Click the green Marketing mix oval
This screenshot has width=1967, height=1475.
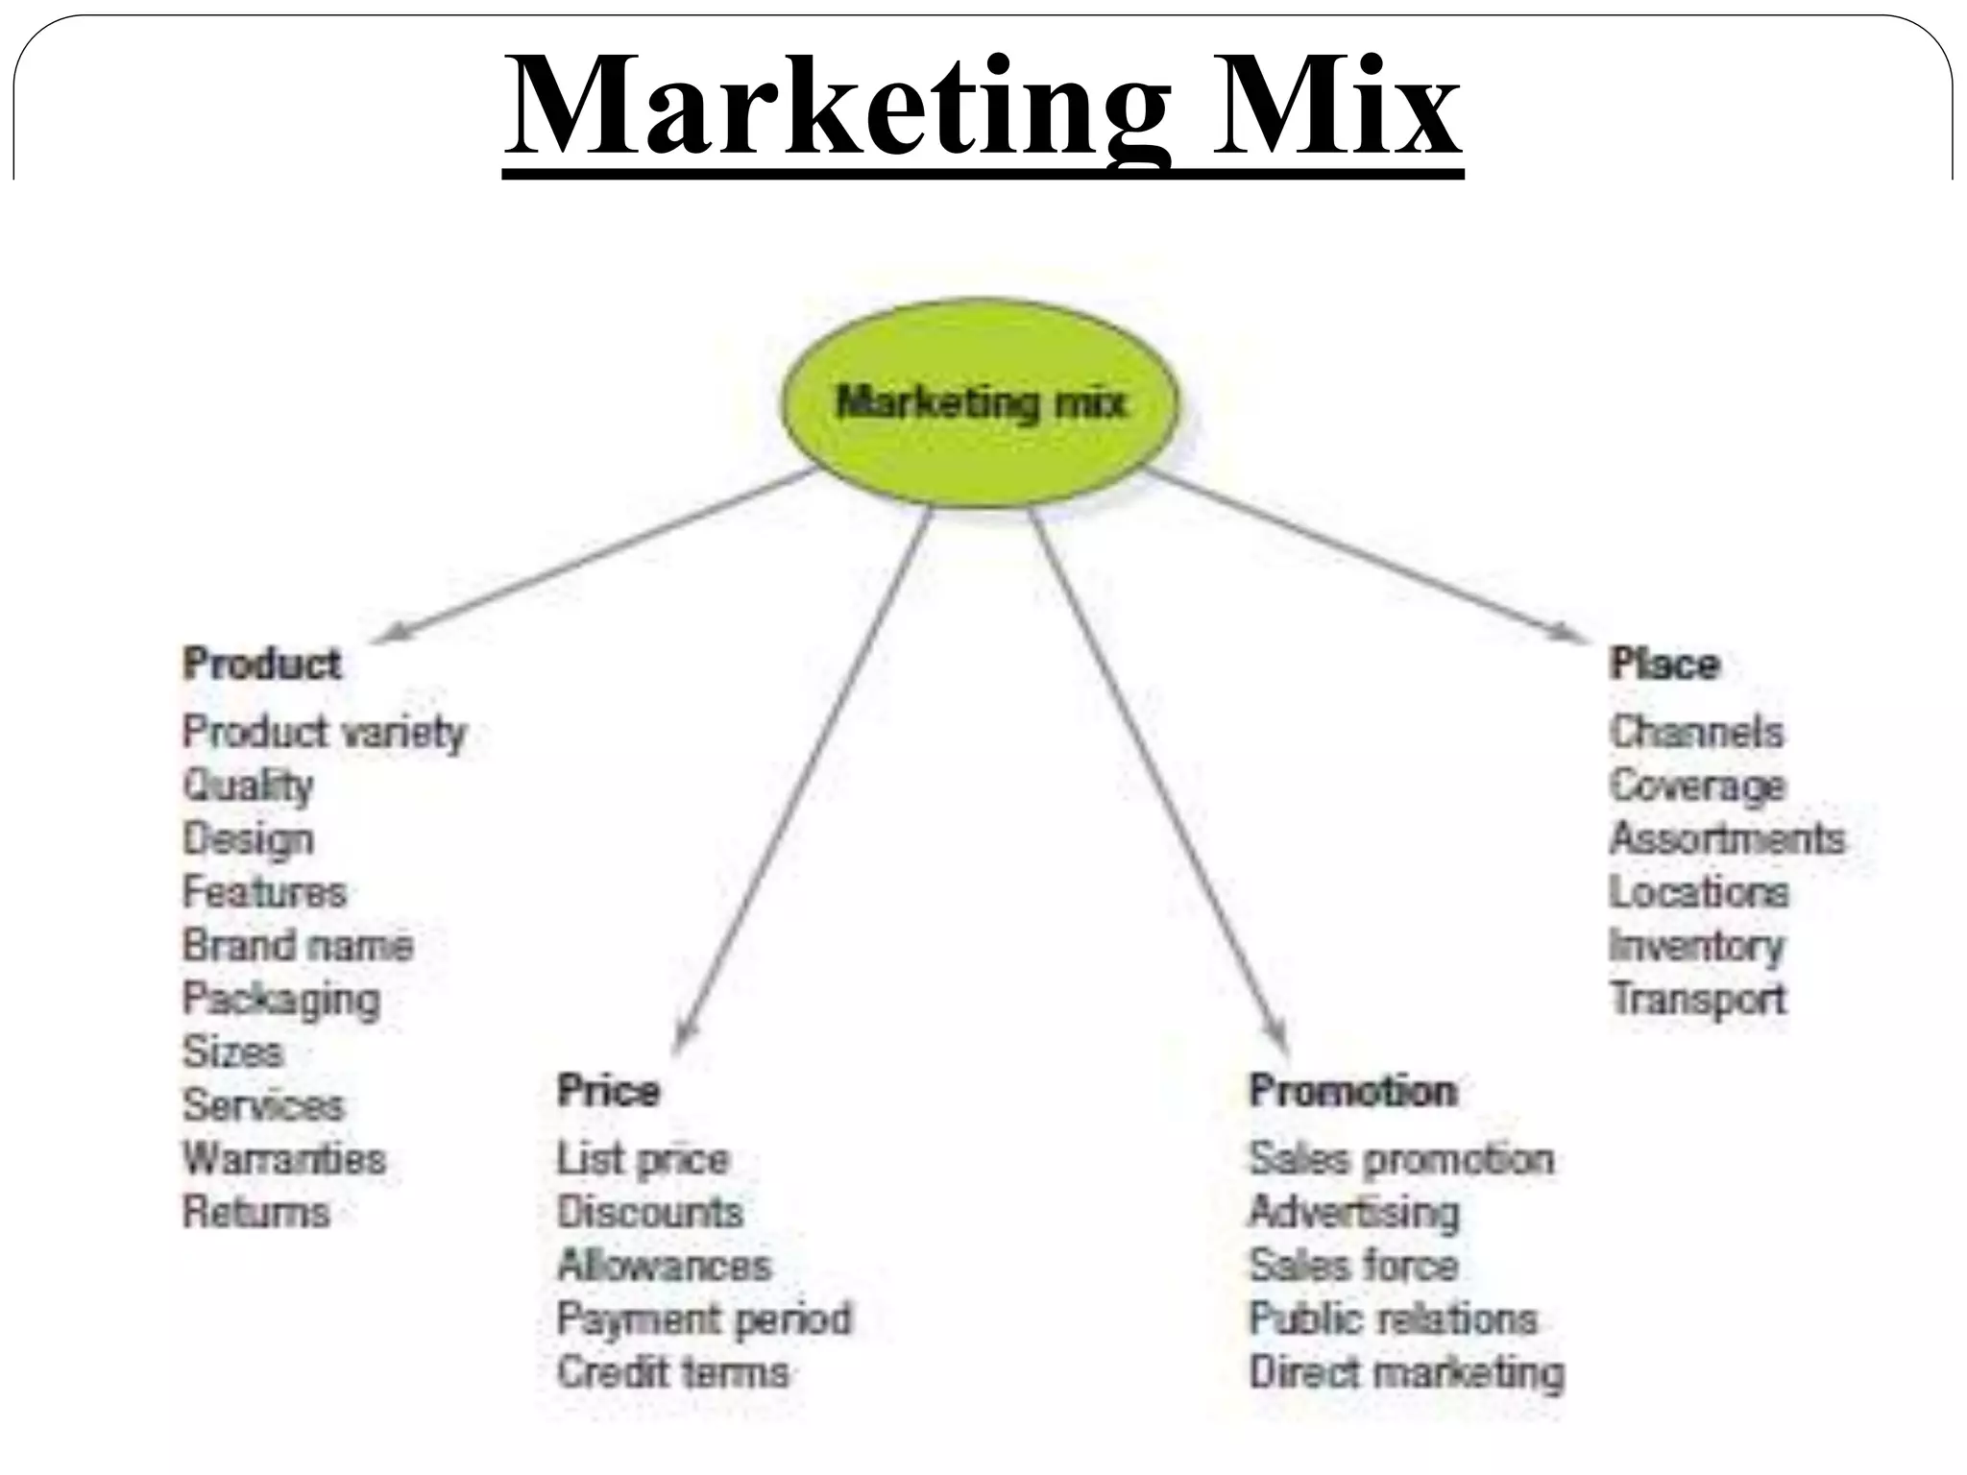pyautogui.click(x=980, y=402)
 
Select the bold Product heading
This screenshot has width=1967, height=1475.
pyautogui.click(x=262, y=665)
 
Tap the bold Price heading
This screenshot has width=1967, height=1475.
pyautogui.click(x=609, y=1091)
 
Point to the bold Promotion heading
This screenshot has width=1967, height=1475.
pyautogui.click(x=1352, y=1091)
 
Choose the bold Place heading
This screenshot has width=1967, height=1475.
pyautogui.click(x=1664, y=665)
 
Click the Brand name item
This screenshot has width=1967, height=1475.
pyautogui.click(x=298, y=945)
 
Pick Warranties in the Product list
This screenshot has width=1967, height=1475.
pyautogui.click(x=284, y=1158)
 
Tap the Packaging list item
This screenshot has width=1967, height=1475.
pyautogui.click(x=281, y=1000)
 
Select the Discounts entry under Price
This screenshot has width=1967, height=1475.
pyautogui.click(x=650, y=1212)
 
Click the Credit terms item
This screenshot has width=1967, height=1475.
pyautogui.click(x=672, y=1371)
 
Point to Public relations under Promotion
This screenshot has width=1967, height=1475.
pyautogui.click(x=1393, y=1318)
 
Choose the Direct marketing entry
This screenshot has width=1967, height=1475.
pyautogui.click(x=1406, y=1372)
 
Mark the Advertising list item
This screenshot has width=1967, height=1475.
pyautogui.click(x=1353, y=1212)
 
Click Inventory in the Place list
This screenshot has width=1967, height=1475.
pyautogui.click(x=1696, y=946)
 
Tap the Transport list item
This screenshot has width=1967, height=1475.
pyautogui.click(x=1698, y=999)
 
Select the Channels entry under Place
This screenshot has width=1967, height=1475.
pyautogui.click(x=1697, y=732)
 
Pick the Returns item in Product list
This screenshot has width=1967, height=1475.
pyautogui.click(x=256, y=1212)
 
